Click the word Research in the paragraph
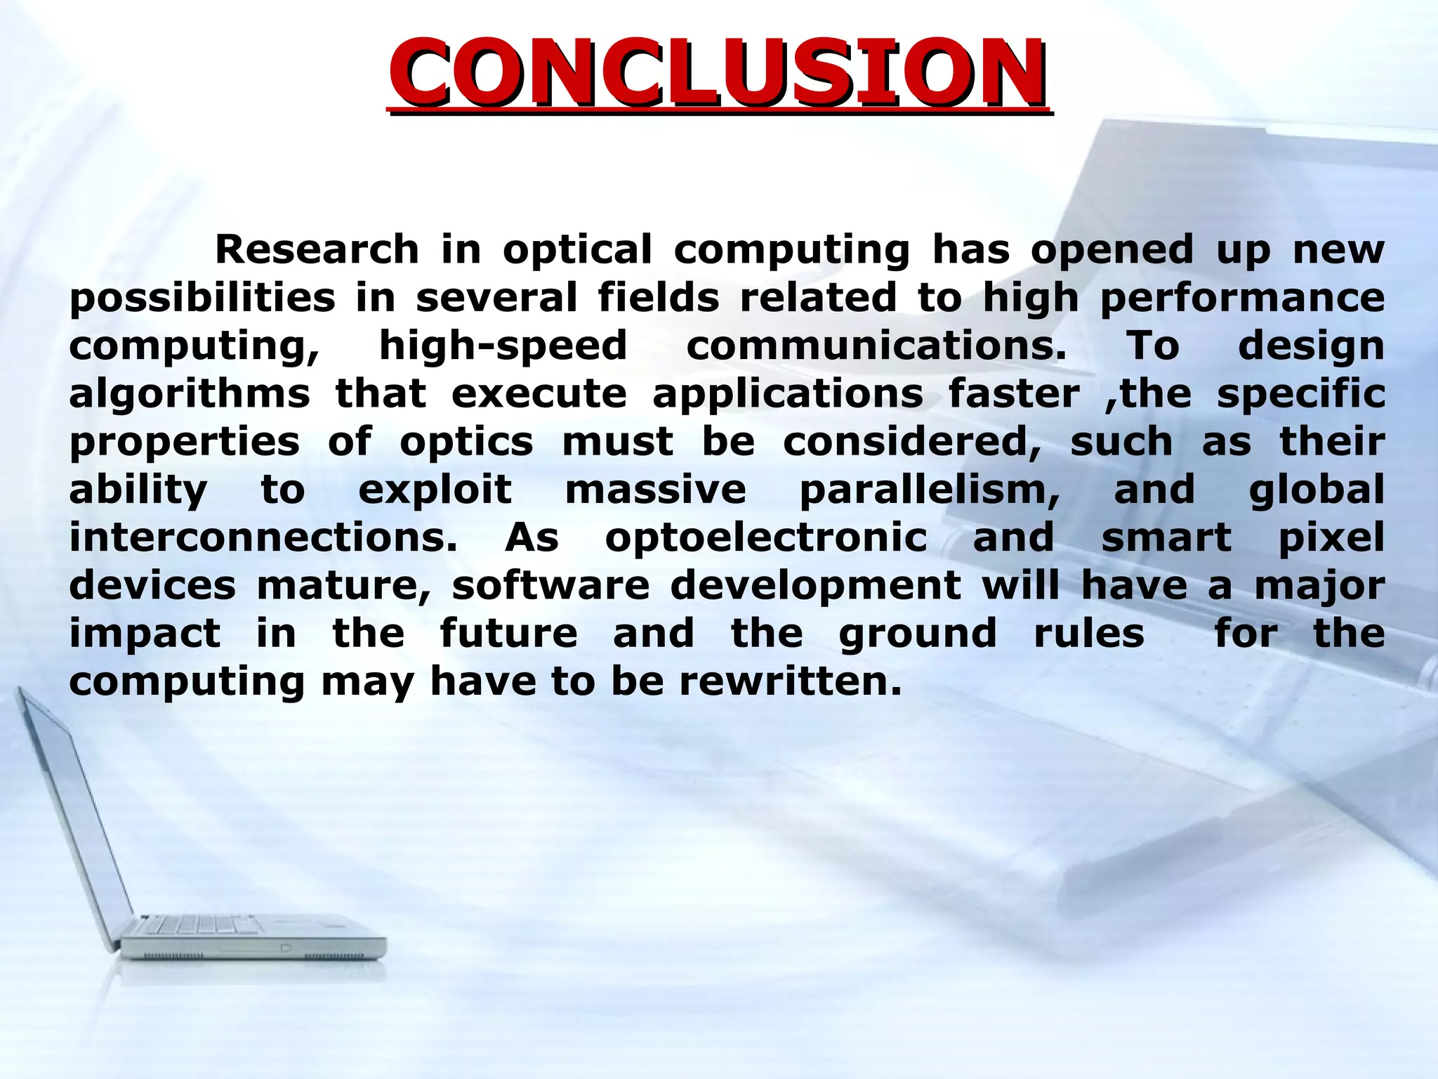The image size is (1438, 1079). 317,250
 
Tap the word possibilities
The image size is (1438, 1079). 202,298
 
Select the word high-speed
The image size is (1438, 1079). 503,346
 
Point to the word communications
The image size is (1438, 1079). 875,346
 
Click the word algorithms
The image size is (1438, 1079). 190,393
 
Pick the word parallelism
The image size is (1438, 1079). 930,490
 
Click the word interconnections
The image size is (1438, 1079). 263,537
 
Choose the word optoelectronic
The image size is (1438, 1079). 766,537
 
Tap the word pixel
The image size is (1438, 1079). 1331,537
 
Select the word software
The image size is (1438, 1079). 550,585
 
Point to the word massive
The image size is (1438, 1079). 656,490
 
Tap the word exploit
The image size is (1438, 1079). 435,490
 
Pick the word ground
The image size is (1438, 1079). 918,634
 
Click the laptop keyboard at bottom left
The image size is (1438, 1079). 211,926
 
